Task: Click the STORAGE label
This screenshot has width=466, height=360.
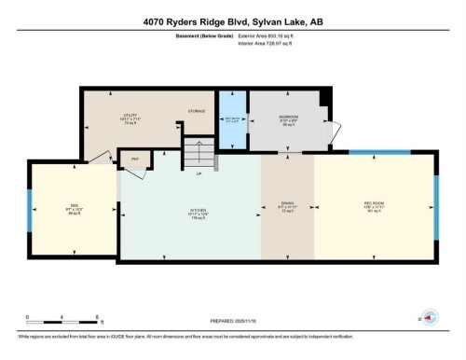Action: click(x=196, y=111)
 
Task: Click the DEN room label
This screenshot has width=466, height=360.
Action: click(x=73, y=207)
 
